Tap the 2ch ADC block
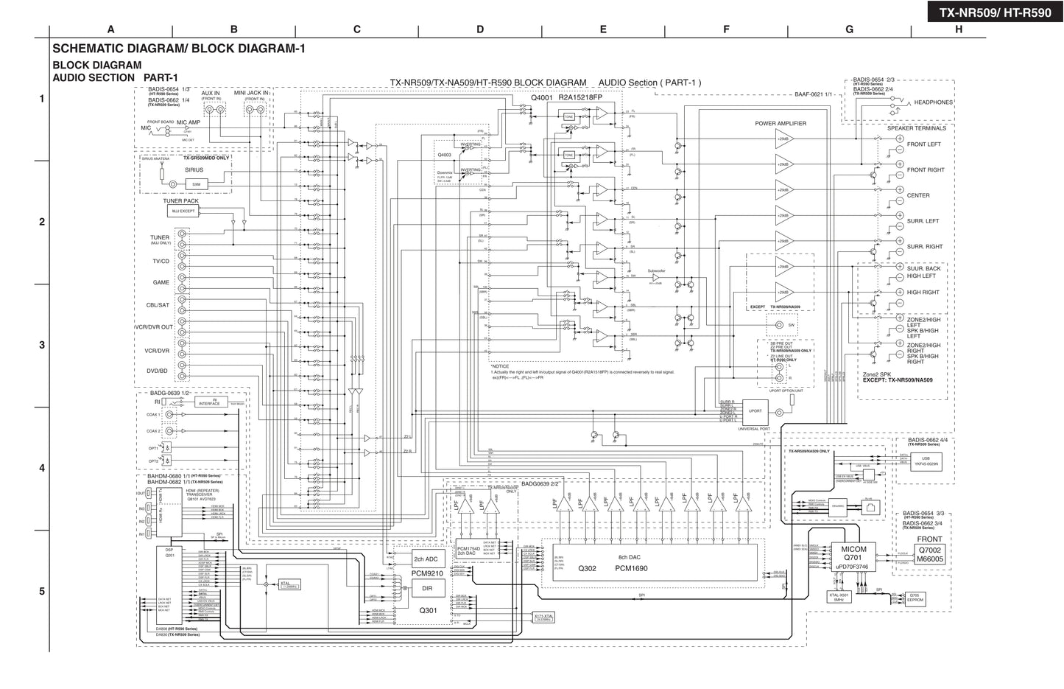(426, 559)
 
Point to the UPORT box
(755, 411)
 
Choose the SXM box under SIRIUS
(196, 184)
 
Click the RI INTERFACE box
(211, 402)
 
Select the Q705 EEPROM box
(914, 598)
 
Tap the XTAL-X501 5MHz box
(839, 598)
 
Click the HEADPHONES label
(933, 102)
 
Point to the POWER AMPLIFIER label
(781, 124)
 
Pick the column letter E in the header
(603, 29)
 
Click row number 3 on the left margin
(42, 345)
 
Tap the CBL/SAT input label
(158, 305)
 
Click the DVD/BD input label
(158, 371)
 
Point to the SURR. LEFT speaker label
(923, 221)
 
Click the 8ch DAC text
(631, 557)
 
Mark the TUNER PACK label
(181, 201)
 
